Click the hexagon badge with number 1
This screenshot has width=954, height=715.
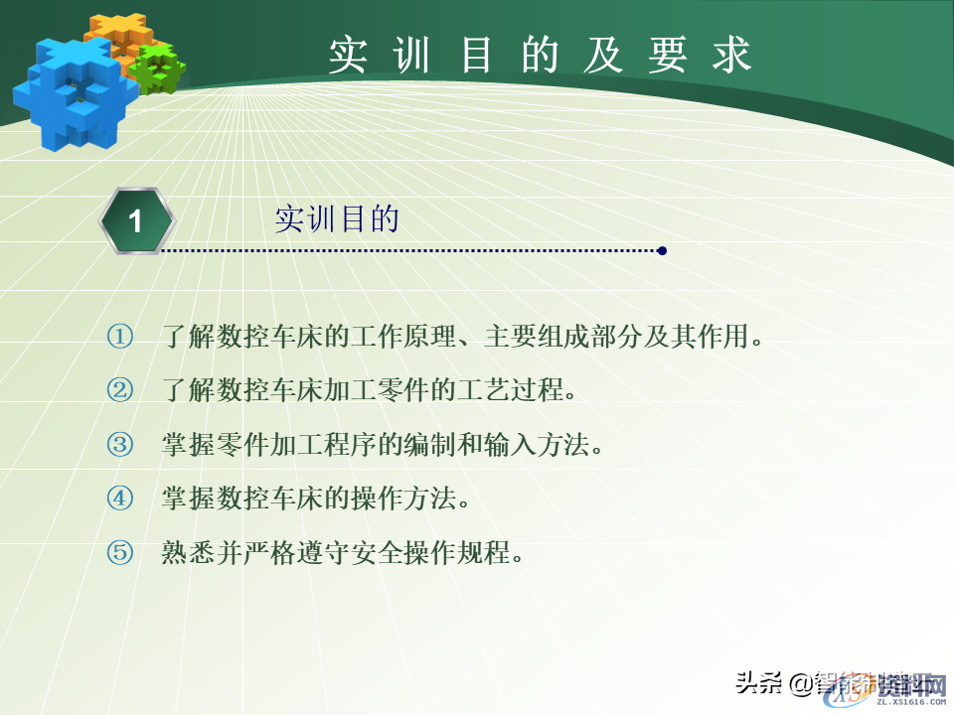tap(136, 220)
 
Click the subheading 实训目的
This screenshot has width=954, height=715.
tap(336, 219)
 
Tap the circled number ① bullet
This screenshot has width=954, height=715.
tap(120, 337)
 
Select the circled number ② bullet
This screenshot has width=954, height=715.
tap(120, 390)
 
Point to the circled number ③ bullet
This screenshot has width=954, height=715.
tap(120, 444)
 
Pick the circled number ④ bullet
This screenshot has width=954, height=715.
tap(120, 498)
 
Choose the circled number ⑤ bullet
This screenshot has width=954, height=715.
tap(120, 552)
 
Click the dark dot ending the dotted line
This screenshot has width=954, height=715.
tap(662, 251)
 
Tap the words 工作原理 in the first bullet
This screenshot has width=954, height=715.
tap(393, 337)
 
